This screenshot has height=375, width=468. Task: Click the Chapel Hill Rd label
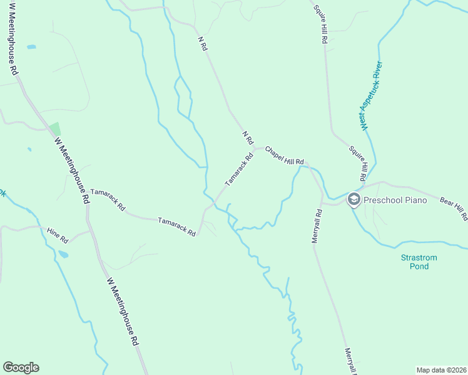coord(284,157)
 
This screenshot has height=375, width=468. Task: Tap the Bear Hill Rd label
coord(454,209)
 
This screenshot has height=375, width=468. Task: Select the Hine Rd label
coord(57,235)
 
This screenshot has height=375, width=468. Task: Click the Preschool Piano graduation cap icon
coord(354,200)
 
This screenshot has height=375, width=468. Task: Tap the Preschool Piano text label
coord(395,200)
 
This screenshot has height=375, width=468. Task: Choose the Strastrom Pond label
coord(419,262)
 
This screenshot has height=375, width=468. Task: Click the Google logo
coord(21,367)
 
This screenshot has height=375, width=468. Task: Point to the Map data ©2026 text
coord(441,370)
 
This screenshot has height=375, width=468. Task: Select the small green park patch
coord(55,128)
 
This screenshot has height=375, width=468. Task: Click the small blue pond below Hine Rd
coord(63,254)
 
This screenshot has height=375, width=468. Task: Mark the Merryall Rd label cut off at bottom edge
coord(349,361)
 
